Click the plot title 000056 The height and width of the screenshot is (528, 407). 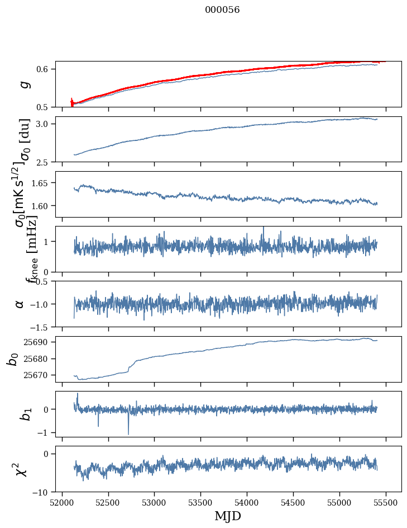(222, 10)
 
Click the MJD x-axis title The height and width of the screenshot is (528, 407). (228, 516)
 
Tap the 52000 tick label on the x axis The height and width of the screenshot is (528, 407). (62, 502)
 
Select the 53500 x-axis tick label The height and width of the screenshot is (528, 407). (201, 502)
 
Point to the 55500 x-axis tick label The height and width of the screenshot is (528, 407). (386, 502)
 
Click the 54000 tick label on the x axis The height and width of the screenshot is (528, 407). (247, 502)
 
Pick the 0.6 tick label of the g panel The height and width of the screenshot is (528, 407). (43, 69)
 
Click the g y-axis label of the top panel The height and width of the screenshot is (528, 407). (23, 84)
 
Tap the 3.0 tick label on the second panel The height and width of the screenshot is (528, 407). (43, 124)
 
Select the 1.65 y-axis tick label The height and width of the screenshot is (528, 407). (41, 183)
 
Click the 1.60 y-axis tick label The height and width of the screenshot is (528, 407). (41, 206)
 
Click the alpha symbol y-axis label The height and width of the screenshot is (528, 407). (20, 304)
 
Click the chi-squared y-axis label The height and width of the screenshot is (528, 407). (21, 469)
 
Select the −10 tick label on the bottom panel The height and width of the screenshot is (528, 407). (42, 492)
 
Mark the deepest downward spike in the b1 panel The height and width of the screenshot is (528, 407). (128, 433)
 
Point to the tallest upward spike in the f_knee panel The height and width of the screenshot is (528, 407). (264, 228)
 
